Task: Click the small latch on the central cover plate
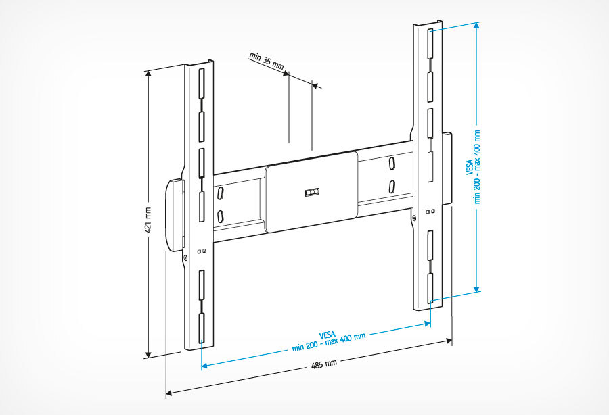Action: pos(310,193)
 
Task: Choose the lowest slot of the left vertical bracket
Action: pos(200,328)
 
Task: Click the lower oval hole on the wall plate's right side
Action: pos(392,186)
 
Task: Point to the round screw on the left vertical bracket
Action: pos(186,257)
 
